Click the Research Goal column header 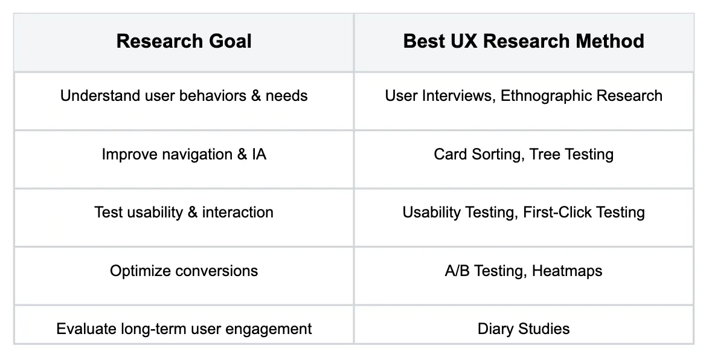[x=184, y=41]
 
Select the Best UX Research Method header [x=524, y=41]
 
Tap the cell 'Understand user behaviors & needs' [x=184, y=96]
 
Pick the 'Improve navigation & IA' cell [x=184, y=154]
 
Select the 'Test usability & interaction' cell [x=184, y=212]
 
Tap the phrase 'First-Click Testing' [x=584, y=212]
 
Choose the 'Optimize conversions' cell [x=184, y=271]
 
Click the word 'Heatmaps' [x=567, y=271]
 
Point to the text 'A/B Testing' [x=486, y=271]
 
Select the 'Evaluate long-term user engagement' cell [x=184, y=329]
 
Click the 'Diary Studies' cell [x=524, y=329]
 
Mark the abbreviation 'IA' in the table [x=259, y=154]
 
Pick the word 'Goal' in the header [x=230, y=41]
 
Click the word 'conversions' [x=217, y=271]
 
